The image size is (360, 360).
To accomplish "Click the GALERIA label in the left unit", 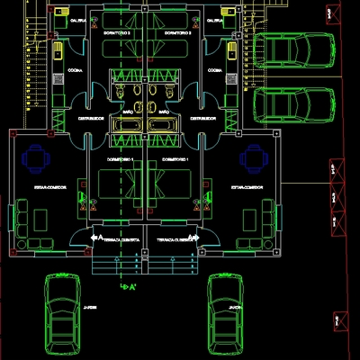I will pyautogui.click(x=78, y=19).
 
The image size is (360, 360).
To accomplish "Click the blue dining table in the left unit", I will pyautogui.click(x=35, y=159).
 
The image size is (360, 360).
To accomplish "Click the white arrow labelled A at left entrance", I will pyautogui.click(x=97, y=238).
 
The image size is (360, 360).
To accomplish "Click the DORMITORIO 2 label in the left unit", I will pyautogui.click(x=117, y=34).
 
